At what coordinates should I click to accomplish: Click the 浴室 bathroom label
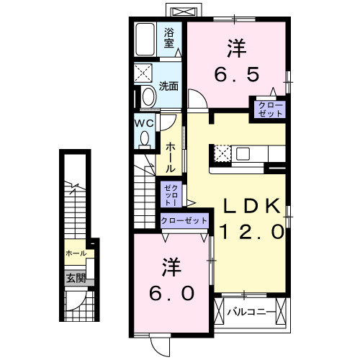(x=169, y=37)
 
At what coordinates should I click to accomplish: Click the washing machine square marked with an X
(x=143, y=73)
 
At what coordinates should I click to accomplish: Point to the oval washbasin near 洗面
(x=148, y=96)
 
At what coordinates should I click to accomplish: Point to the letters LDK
(x=250, y=207)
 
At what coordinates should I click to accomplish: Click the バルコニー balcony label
(x=249, y=312)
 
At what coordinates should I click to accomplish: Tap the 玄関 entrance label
(x=76, y=278)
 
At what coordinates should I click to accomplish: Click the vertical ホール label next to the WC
(x=170, y=156)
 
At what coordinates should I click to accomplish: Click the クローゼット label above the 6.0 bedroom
(x=184, y=220)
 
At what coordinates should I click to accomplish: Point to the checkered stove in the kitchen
(x=222, y=153)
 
